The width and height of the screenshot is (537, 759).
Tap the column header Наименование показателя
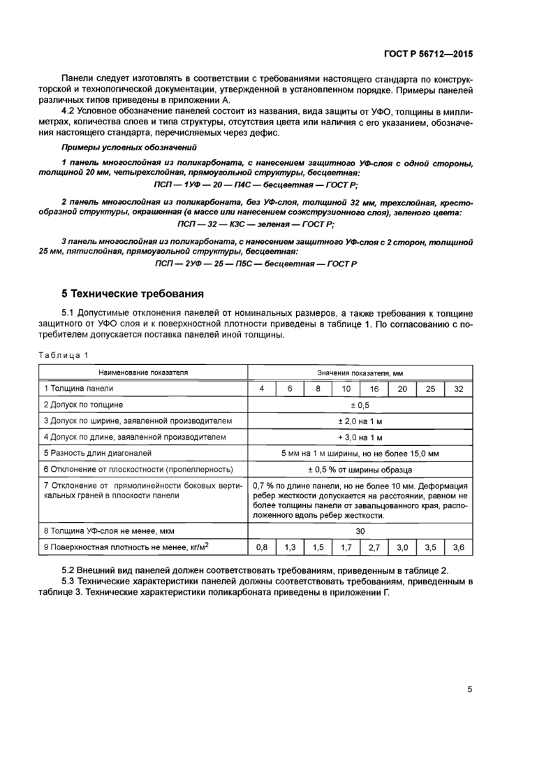142,373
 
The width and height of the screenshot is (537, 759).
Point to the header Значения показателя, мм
360,373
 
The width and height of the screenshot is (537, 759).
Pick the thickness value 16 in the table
374,389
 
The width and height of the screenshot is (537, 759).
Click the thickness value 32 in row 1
458,389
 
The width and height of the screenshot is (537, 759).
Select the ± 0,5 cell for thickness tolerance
360,405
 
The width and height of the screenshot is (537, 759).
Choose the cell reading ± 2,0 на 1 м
360,421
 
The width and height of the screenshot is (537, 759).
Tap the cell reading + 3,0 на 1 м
360,437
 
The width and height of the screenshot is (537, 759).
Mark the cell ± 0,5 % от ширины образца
360,470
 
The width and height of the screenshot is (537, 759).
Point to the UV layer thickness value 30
360,531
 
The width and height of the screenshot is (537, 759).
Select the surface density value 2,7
374,548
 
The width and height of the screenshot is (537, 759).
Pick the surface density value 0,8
262,548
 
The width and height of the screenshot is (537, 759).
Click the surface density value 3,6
458,548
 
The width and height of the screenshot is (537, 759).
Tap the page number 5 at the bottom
470,689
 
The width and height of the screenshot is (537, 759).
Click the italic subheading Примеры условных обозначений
129,147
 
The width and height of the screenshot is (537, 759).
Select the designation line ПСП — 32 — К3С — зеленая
255,224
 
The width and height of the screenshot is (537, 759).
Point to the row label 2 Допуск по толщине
84,405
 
